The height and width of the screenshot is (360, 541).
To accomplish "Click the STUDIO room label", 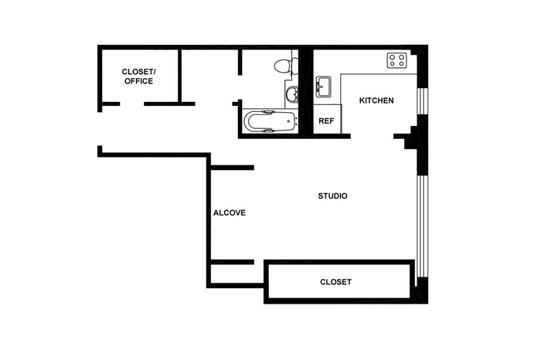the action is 332,196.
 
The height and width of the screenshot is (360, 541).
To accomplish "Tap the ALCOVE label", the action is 230,212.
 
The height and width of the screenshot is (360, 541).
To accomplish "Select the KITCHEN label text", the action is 376,100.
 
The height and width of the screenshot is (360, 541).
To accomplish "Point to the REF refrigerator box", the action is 327,119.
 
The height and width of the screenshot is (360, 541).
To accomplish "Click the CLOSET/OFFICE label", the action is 138,76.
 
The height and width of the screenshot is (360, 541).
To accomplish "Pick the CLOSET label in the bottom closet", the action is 335,282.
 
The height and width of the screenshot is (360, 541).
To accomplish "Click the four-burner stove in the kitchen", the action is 396,60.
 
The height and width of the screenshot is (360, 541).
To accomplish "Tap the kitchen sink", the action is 323,87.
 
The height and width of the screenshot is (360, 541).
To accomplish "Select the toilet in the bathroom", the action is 286,66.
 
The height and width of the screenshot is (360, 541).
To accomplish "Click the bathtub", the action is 270,121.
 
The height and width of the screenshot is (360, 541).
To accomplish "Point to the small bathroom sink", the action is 292,93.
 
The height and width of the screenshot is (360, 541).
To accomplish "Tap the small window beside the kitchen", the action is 422,101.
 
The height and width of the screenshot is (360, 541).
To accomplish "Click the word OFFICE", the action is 138,81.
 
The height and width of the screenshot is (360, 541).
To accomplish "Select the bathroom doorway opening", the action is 240,87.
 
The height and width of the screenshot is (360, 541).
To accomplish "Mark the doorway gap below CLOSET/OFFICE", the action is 132,104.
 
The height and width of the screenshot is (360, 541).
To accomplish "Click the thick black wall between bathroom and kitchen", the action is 306,92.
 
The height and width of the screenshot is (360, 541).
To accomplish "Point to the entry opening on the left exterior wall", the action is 100,129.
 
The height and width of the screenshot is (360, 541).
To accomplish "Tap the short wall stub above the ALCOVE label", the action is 232,168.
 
